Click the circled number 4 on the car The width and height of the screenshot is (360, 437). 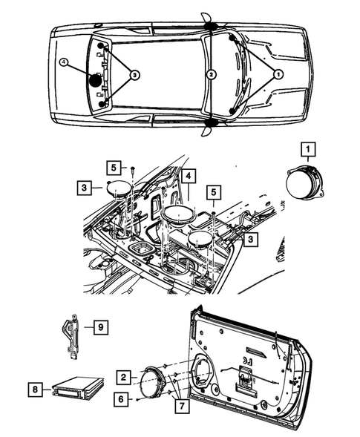click(65, 64)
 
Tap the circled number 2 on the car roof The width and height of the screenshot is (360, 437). click(212, 74)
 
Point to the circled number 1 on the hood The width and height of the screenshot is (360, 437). click(278, 74)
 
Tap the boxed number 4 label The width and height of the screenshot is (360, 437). click(190, 177)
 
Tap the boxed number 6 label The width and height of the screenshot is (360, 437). click(121, 399)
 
